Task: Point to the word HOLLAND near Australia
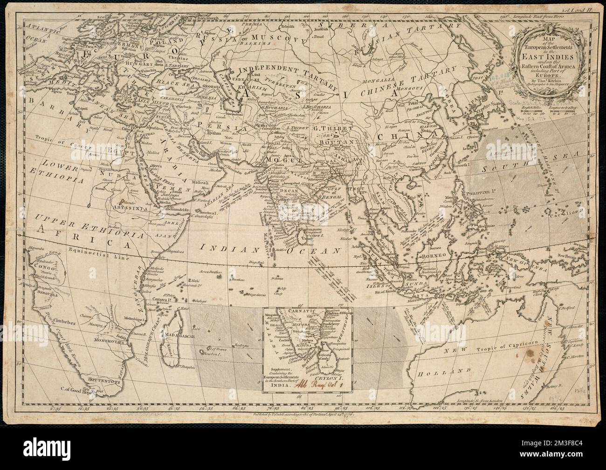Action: pos(447,371)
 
